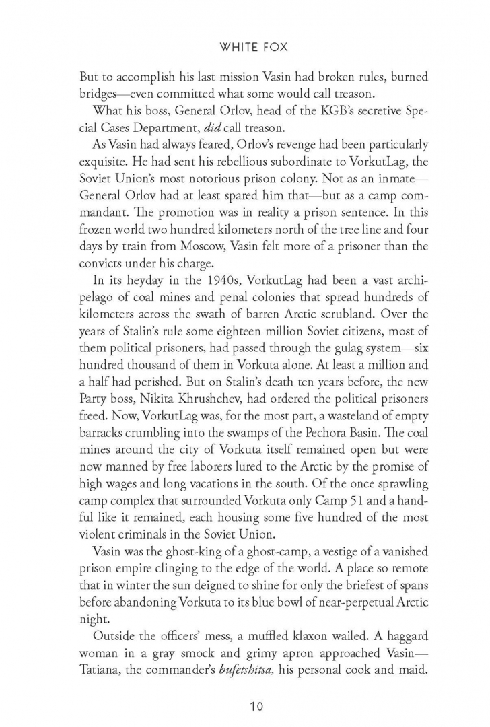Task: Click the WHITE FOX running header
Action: pyautogui.click(x=245, y=48)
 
